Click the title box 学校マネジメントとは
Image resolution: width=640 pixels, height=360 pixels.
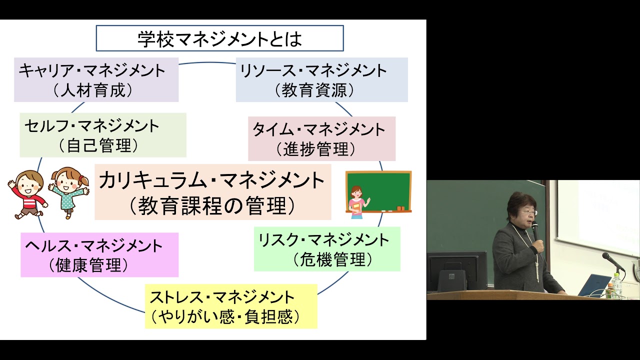[x=219, y=38]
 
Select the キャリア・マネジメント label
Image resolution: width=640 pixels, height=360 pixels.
[x=92, y=70]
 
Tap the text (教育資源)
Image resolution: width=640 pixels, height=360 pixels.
[x=314, y=90]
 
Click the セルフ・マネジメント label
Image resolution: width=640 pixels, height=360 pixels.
[x=92, y=125]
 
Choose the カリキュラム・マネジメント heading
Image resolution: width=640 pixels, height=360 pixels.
[x=212, y=180]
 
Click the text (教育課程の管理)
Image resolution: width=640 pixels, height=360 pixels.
[x=212, y=205]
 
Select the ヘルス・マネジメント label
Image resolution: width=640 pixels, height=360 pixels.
[x=94, y=246]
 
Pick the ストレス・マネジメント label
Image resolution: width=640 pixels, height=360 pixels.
[x=222, y=297]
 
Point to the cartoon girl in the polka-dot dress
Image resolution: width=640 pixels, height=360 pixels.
[x=68, y=192]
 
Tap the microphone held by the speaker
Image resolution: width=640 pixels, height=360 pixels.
[x=535, y=231]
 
